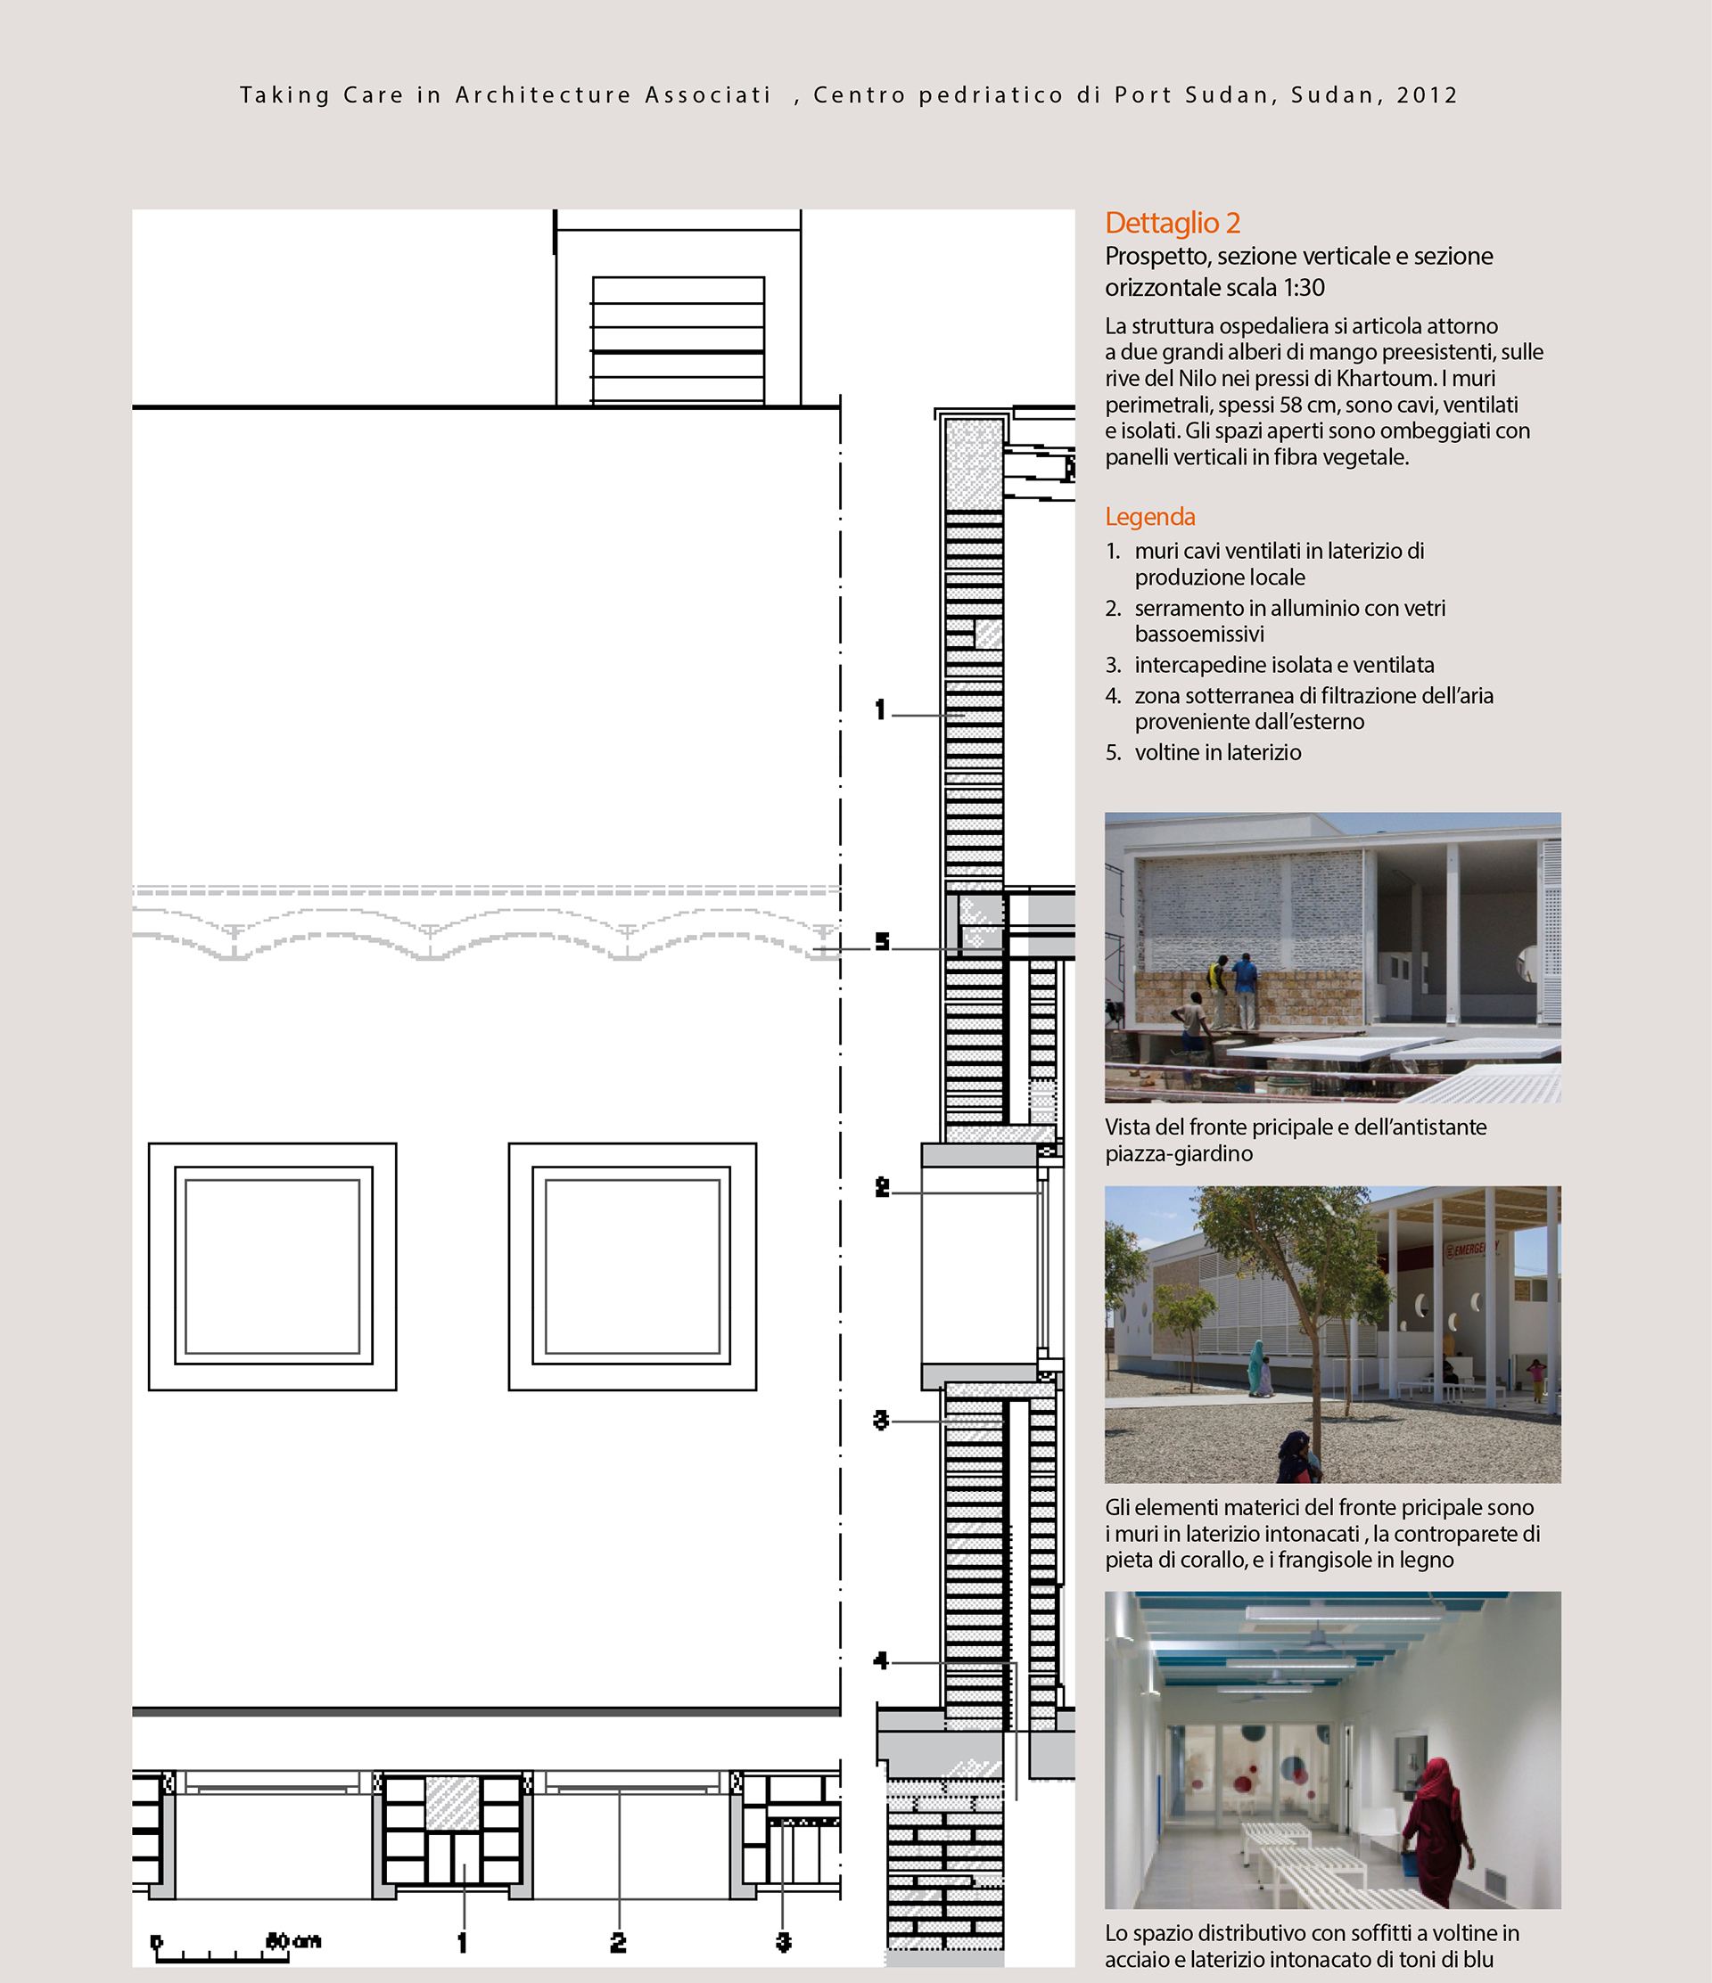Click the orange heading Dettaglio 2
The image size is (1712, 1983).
[1172, 223]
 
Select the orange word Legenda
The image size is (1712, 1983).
[1150, 517]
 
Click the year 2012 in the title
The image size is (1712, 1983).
[1427, 94]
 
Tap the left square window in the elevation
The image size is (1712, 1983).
[273, 1266]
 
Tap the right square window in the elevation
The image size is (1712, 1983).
[633, 1266]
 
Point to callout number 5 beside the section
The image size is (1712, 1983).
[882, 942]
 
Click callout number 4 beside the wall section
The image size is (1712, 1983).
[881, 1660]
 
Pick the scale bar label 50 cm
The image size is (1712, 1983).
[293, 1941]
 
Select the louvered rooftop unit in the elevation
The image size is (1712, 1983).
[678, 340]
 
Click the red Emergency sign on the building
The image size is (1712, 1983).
[1469, 1249]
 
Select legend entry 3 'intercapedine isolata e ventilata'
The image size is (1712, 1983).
[1270, 664]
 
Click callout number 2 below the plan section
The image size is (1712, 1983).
[619, 1942]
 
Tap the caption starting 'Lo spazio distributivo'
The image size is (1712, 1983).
[1312, 1946]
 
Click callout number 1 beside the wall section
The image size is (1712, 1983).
[880, 709]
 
